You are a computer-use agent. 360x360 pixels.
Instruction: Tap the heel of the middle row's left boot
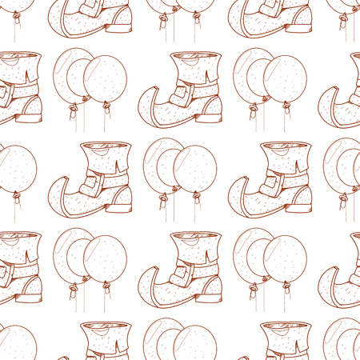click(122, 202)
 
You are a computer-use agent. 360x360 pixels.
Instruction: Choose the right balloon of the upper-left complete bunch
click(105, 79)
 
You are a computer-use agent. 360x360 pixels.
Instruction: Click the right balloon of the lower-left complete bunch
click(105, 259)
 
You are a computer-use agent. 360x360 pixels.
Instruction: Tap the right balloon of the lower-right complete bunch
click(285, 259)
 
